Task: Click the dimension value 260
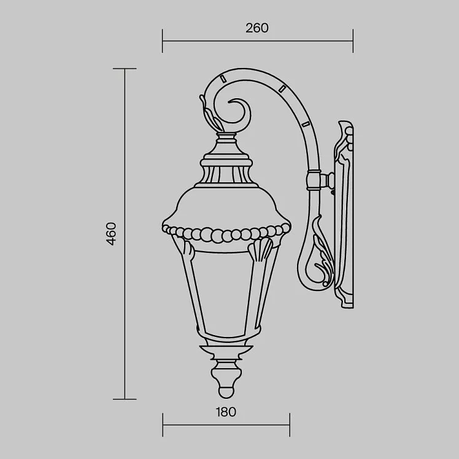point(256,28)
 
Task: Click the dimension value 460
point(112,234)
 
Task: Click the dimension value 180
point(226,412)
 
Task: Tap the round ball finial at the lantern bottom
point(226,392)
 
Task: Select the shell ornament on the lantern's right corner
point(260,249)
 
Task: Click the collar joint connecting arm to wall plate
point(314,180)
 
